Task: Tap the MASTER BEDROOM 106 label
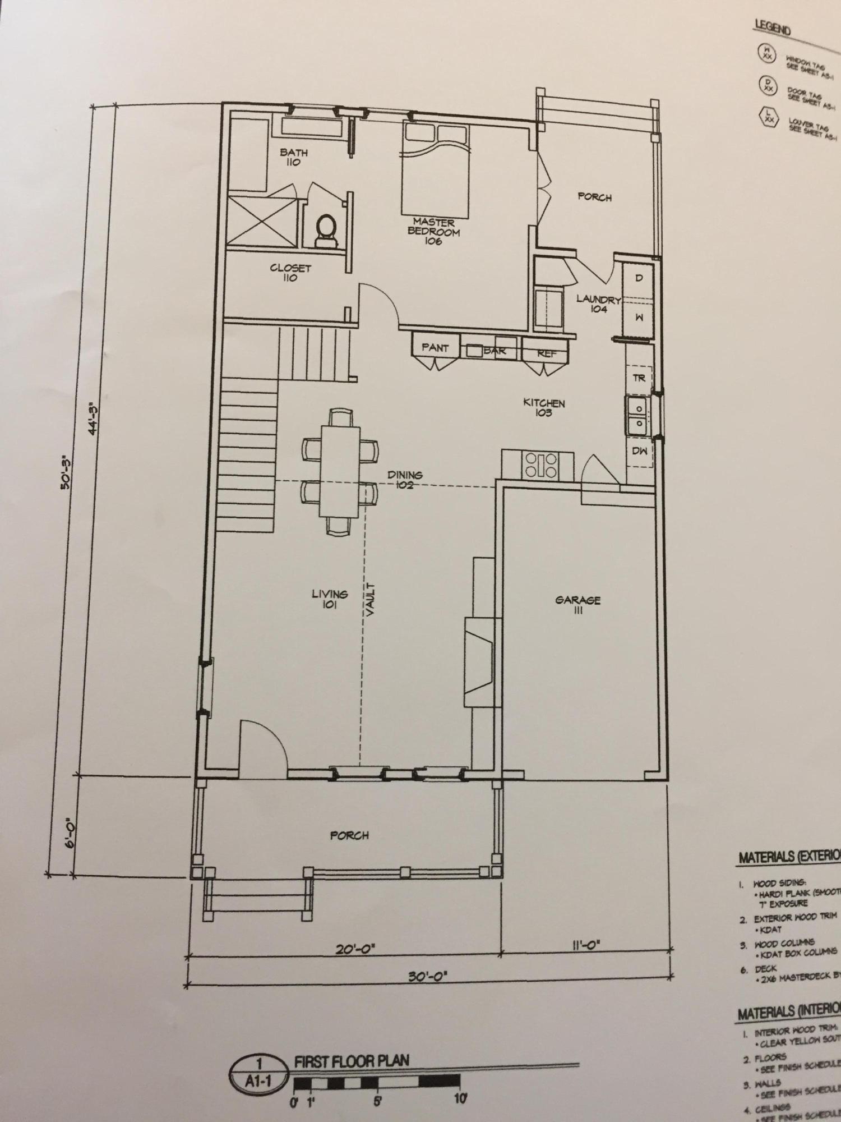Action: pos(434,231)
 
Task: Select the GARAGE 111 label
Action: pos(577,605)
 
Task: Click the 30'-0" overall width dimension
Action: pos(428,976)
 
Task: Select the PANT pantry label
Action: pos(435,348)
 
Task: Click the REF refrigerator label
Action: pos(546,353)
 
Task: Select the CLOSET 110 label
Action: pos(290,273)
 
